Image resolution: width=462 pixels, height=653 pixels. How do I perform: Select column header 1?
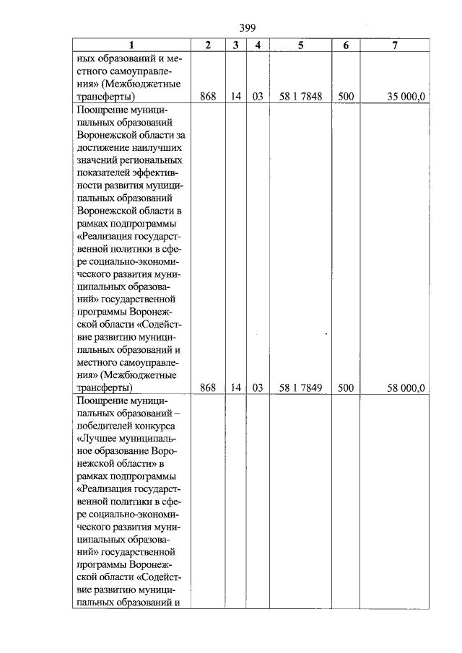(131, 45)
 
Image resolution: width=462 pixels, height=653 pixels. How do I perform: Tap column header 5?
(300, 45)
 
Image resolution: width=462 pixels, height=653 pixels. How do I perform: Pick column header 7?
(394, 45)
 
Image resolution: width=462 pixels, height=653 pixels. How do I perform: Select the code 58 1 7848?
(300, 96)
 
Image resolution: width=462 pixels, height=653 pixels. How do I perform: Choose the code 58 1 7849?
(300, 387)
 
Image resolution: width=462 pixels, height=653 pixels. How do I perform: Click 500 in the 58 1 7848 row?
(346, 96)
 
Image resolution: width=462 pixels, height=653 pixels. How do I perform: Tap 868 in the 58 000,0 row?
(208, 387)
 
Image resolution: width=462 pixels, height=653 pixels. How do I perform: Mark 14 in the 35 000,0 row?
(236, 96)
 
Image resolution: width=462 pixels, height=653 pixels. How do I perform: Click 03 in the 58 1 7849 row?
(257, 387)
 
